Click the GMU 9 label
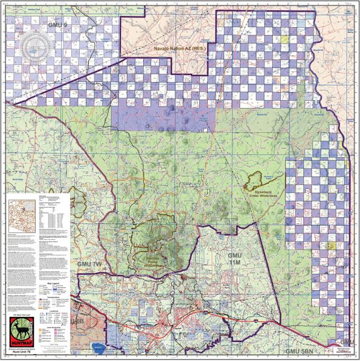pyautogui.click(x=58, y=26)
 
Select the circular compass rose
pyautogui.click(x=33, y=44)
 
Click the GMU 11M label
pyautogui.click(x=235, y=261)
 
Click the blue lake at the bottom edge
pyautogui.click(x=98, y=348)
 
